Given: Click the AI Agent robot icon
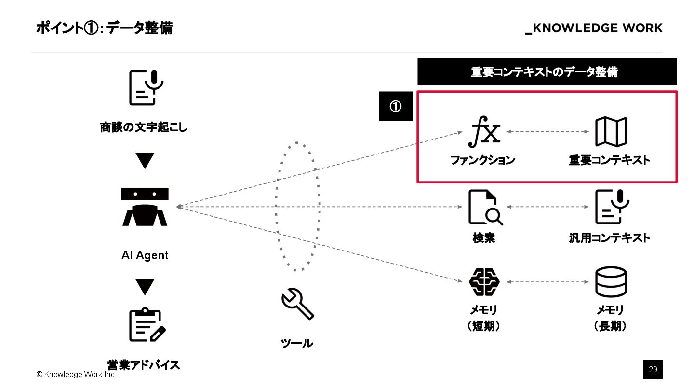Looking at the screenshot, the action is tap(145, 207).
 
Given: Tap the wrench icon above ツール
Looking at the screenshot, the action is tap(297, 304).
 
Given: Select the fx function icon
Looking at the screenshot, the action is tap(484, 132).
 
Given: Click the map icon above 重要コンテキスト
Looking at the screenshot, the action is tap(611, 131).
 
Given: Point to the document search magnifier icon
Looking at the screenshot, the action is tap(485, 208).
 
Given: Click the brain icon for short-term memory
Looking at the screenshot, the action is tap(484, 282).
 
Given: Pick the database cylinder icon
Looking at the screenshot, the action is tap(611, 282).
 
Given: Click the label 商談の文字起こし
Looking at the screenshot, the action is tap(144, 128).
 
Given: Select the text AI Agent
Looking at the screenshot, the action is tap(145, 255).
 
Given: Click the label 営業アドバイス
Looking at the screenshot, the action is tap(144, 364).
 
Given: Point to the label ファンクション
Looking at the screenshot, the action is tap(482, 160).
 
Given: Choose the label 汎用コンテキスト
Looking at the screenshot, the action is tap(610, 237).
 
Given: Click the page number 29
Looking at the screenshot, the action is tap(653, 369).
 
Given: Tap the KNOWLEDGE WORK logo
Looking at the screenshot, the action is tap(594, 28).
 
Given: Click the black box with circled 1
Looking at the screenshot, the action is tap(395, 106).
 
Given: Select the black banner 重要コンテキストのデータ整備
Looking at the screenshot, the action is tap(547, 72).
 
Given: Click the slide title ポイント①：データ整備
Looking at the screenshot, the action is tap(104, 28).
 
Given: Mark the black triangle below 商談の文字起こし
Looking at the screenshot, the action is tap(145, 160).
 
